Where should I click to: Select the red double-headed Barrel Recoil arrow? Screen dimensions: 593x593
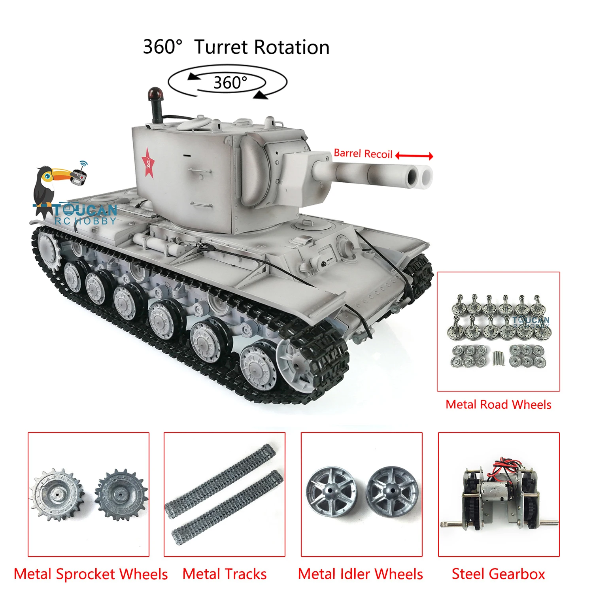pos(414,156)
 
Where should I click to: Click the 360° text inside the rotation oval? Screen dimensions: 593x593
pos(230,83)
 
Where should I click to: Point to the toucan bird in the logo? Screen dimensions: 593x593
pos(47,186)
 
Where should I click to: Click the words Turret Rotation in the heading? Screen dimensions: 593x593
pos(262,47)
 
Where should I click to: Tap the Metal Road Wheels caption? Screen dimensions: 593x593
pos(498,404)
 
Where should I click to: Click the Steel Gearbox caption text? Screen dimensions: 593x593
pos(498,574)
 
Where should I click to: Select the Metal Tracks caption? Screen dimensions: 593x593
pos(225,574)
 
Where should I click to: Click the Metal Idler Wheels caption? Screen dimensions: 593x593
pos(360,574)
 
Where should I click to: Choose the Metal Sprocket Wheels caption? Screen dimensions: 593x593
pos(91,574)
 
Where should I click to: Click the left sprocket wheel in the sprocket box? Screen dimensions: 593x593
pos(57,494)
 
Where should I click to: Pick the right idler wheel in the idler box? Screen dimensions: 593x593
pos(392,491)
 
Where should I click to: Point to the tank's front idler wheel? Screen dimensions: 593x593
pos(296,364)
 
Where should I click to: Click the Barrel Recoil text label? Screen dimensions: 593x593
pos(363,154)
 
